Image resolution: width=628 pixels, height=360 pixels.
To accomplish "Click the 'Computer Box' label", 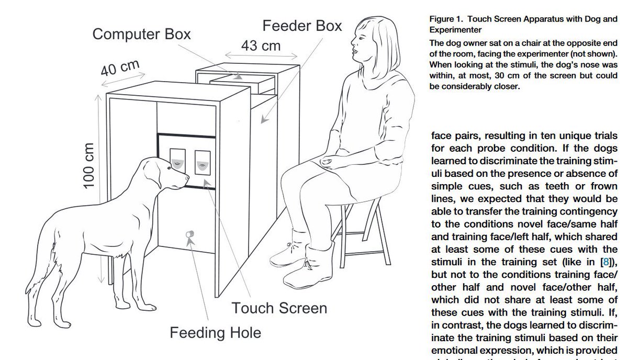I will (142, 35).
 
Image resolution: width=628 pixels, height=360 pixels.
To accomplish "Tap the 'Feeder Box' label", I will (302, 25).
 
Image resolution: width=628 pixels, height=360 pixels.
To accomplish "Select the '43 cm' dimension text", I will (260, 46).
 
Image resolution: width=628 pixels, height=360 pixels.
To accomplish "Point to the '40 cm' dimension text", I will (120, 67).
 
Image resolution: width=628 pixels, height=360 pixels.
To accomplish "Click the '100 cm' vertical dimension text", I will (88, 165).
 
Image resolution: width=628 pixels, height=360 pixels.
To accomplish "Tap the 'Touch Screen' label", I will (279, 308).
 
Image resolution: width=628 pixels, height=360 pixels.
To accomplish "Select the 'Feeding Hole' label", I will (216, 332).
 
